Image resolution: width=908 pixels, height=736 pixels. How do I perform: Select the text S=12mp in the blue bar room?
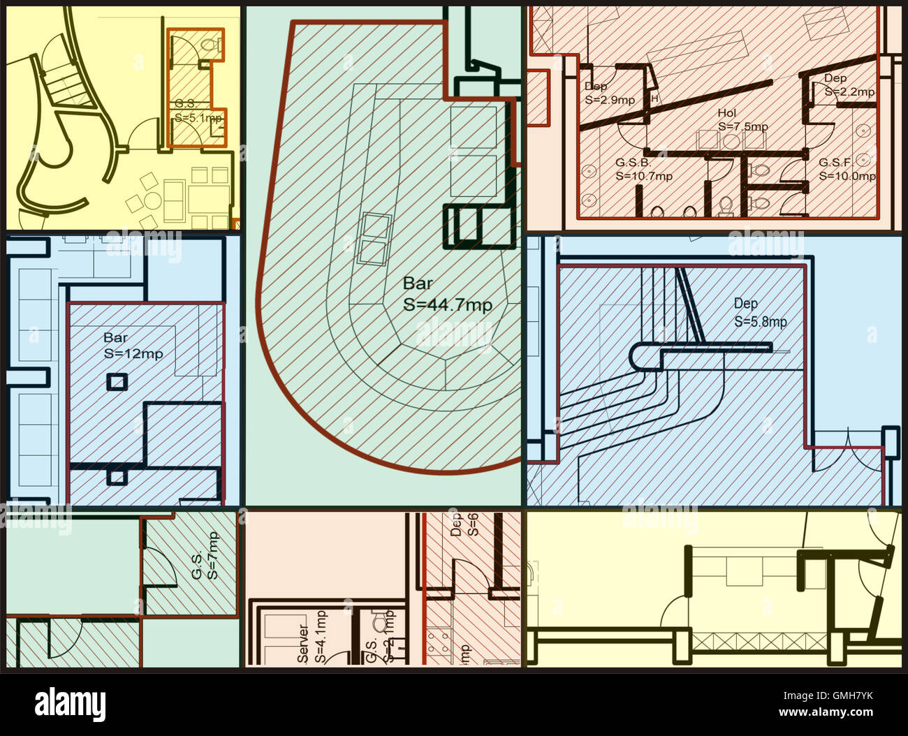[x=133, y=354]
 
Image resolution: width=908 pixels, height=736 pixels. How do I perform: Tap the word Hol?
[x=727, y=113]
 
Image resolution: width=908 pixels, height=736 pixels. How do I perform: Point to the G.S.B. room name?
[x=633, y=163]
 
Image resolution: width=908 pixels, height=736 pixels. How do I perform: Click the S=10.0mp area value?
[x=847, y=177]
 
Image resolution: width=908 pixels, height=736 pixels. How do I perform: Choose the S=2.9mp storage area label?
[x=610, y=100]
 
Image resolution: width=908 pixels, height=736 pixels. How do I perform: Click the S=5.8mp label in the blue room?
[x=760, y=322]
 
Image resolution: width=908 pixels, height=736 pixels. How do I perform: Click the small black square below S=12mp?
[x=117, y=382]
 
